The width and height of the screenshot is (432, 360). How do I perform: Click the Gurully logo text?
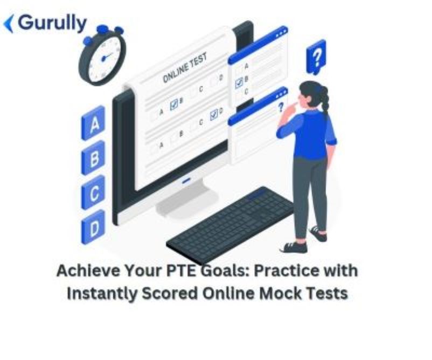[x=52, y=23]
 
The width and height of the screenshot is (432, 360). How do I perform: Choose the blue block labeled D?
[x=94, y=229]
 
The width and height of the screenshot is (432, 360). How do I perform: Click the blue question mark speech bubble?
[x=316, y=56]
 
